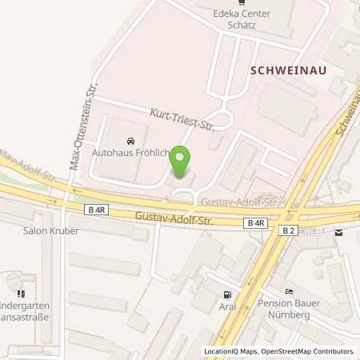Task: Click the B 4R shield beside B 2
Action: [x=256, y=223]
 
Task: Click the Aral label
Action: [x=229, y=306]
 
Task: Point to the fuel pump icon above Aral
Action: [x=229, y=294]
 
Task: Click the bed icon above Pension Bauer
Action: [x=289, y=290]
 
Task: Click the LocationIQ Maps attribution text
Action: [x=232, y=351]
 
